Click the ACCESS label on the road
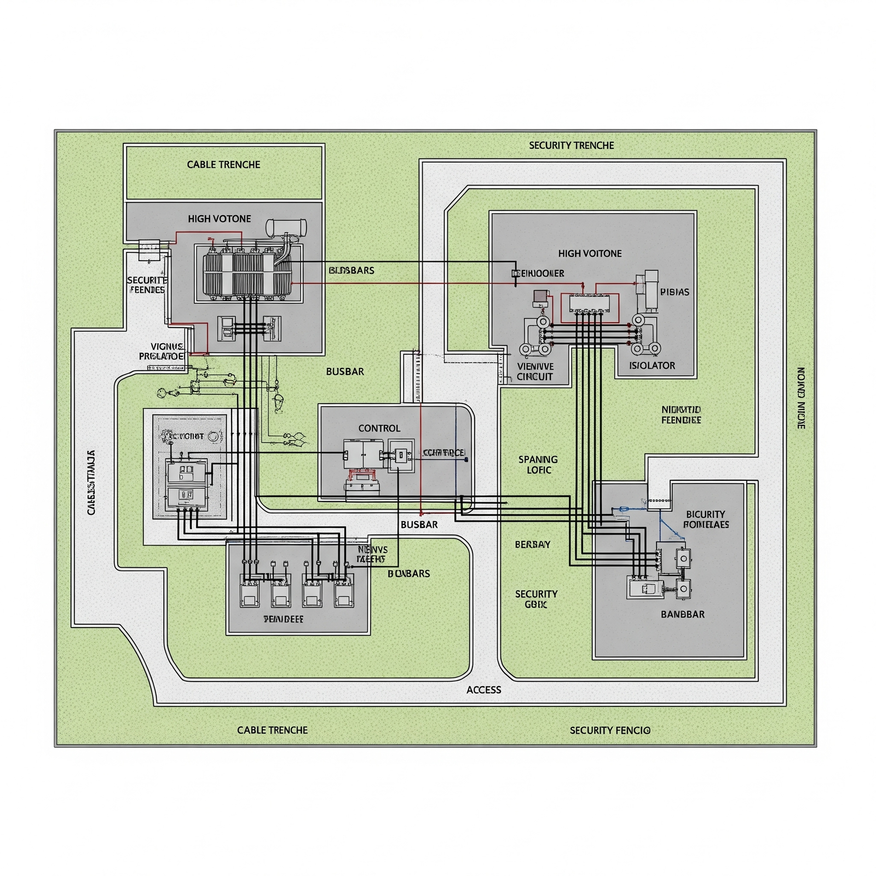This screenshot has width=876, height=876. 483,690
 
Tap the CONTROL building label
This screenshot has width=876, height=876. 379,428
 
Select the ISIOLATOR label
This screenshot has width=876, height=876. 652,365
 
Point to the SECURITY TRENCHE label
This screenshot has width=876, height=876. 571,145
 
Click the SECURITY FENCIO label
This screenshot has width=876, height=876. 610,730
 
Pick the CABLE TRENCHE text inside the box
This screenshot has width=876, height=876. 223,164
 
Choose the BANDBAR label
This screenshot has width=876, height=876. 683,614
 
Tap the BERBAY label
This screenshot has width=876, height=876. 532,544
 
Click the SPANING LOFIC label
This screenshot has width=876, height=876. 538,464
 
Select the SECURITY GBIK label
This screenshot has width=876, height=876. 536,599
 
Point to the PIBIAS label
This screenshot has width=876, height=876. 675,292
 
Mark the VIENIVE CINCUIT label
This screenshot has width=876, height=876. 535,371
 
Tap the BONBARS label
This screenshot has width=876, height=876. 408,573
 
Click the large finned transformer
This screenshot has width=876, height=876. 247,274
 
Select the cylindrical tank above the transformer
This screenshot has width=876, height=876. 286,227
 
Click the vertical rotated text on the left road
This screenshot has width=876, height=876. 91,482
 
